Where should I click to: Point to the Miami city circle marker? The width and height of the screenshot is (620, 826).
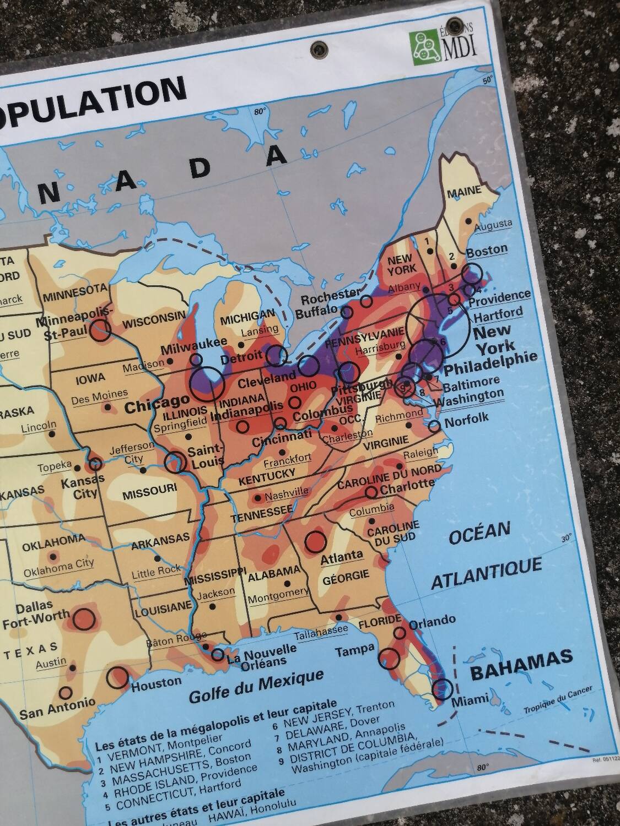443,688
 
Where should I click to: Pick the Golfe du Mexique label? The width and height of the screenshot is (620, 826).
256,687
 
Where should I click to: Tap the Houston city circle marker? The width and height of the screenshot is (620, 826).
117,677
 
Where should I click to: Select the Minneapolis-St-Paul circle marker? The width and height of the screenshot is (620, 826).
101,330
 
